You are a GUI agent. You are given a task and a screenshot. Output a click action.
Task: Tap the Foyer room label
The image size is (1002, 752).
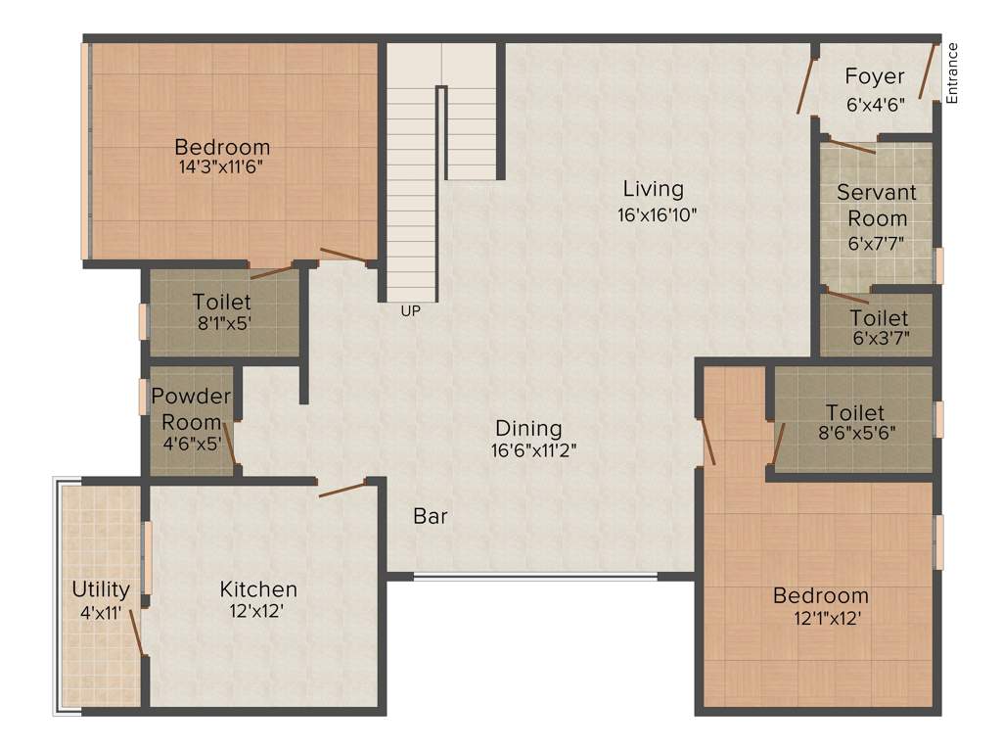tap(875, 76)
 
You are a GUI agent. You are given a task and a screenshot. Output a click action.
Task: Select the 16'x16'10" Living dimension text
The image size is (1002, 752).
tap(657, 214)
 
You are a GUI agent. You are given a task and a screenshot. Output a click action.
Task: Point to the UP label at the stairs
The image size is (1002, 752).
tap(410, 311)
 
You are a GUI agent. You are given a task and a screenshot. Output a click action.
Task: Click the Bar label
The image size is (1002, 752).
tap(431, 516)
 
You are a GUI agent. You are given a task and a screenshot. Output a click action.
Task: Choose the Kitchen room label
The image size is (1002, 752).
tap(258, 589)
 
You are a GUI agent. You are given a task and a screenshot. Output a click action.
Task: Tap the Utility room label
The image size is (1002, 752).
tap(101, 589)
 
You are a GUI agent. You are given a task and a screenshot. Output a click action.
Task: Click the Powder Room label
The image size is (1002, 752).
tap(192, 410)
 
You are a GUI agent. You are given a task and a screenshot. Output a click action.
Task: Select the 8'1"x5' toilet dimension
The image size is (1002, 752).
tap(222, 323)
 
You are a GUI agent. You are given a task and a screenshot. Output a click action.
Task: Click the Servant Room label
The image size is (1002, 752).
tap(877, 206)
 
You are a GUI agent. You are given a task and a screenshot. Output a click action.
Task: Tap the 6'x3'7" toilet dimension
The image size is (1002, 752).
tap(879, 339)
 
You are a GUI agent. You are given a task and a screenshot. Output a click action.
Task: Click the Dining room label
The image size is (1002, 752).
tap(528, 428)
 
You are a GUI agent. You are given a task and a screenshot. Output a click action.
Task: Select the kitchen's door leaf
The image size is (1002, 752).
tap(342, 488)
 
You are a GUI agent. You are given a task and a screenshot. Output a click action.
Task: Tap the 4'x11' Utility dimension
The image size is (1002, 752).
tap(101, 613)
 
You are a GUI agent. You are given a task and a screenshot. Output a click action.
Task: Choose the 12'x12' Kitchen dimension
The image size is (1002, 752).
tap(258, 613)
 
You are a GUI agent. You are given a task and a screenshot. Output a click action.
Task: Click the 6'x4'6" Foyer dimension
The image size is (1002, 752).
tap(876, 102)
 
